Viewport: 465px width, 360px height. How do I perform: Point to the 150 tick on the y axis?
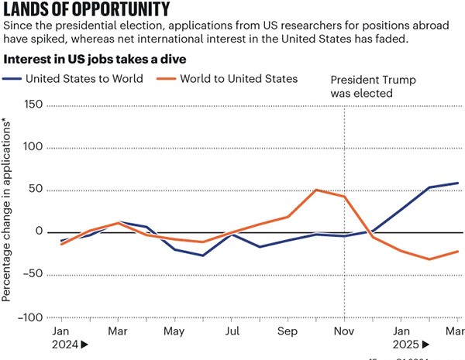coord(33,105)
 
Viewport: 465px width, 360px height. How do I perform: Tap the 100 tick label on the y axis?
coord(33,147)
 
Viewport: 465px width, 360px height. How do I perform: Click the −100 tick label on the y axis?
coord(30,317)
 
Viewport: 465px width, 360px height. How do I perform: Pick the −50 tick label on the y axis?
coord(33,275)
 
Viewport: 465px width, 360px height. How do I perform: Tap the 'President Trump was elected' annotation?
coord(363,86)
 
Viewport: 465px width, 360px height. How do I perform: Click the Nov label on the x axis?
coord(343,331)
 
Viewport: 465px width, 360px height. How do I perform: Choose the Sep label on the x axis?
coord(288,331)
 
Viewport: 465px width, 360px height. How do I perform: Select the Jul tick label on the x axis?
coord(231,331)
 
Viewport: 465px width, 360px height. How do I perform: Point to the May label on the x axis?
coord(174,331)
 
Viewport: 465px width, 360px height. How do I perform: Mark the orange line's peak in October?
coord(316,190)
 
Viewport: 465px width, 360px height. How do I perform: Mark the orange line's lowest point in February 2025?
coord(429,259)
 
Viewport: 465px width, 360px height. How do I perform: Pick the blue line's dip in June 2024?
coord(203,255)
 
